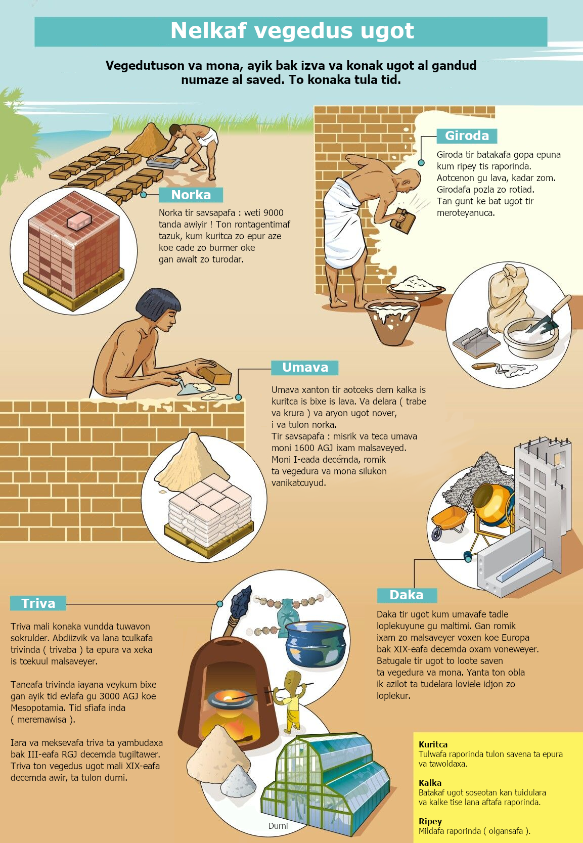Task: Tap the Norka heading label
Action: click(191, 195)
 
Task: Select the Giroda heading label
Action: click(467, 136)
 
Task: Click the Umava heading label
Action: click(305, 367)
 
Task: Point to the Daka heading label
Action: click(407, 595)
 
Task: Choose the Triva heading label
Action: click(38, 603)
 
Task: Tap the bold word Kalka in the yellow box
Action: click(430, 783)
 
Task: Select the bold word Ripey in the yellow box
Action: click(430, 821)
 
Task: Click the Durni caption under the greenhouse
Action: click(278, 826)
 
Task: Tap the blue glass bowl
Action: click(316, 643)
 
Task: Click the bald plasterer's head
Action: click(410, 180)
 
